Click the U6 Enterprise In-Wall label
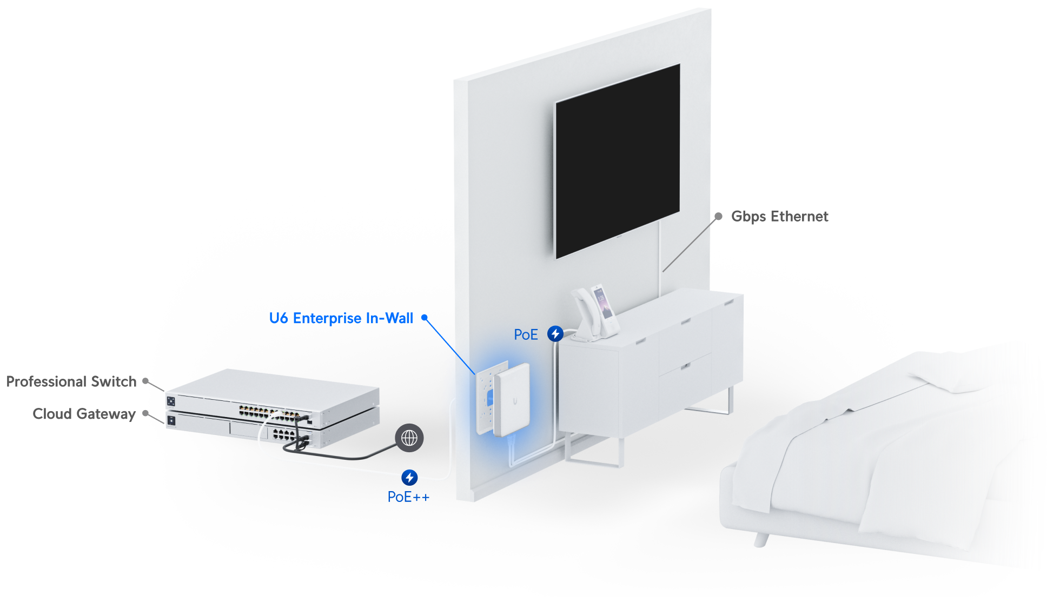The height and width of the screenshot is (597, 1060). tap(341, 318)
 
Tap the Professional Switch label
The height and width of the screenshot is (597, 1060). tap(71, 381)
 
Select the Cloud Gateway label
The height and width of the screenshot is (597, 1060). tap(84, 414)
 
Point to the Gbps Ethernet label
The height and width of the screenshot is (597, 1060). tap(779, 216)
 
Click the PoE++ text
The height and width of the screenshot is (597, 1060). tap(408, 497)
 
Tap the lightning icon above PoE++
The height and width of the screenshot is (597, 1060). tap(409, 478)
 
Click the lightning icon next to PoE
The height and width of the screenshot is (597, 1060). tap(555, 334)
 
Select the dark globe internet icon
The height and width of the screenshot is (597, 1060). tap(409, 438)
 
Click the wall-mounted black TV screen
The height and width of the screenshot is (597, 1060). tap(618, 161)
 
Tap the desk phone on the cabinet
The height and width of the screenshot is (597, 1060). tap(595, 313)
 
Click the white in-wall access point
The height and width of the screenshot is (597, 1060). tap(511, 399)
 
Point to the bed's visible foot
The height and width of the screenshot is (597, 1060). tap(761, 539)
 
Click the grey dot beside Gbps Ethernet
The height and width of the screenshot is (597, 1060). tap(718, 216)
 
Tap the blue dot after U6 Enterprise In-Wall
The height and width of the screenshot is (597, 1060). tap(425, 318)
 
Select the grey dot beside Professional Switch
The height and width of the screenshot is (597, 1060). tap(145, 381)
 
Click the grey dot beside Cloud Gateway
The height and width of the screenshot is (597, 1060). tap(145, 413)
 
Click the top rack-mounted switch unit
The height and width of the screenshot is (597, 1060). tap(272, 397)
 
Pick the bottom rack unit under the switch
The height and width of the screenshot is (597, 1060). tap(272, 430)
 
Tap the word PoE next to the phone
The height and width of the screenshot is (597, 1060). tap(526, 334)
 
